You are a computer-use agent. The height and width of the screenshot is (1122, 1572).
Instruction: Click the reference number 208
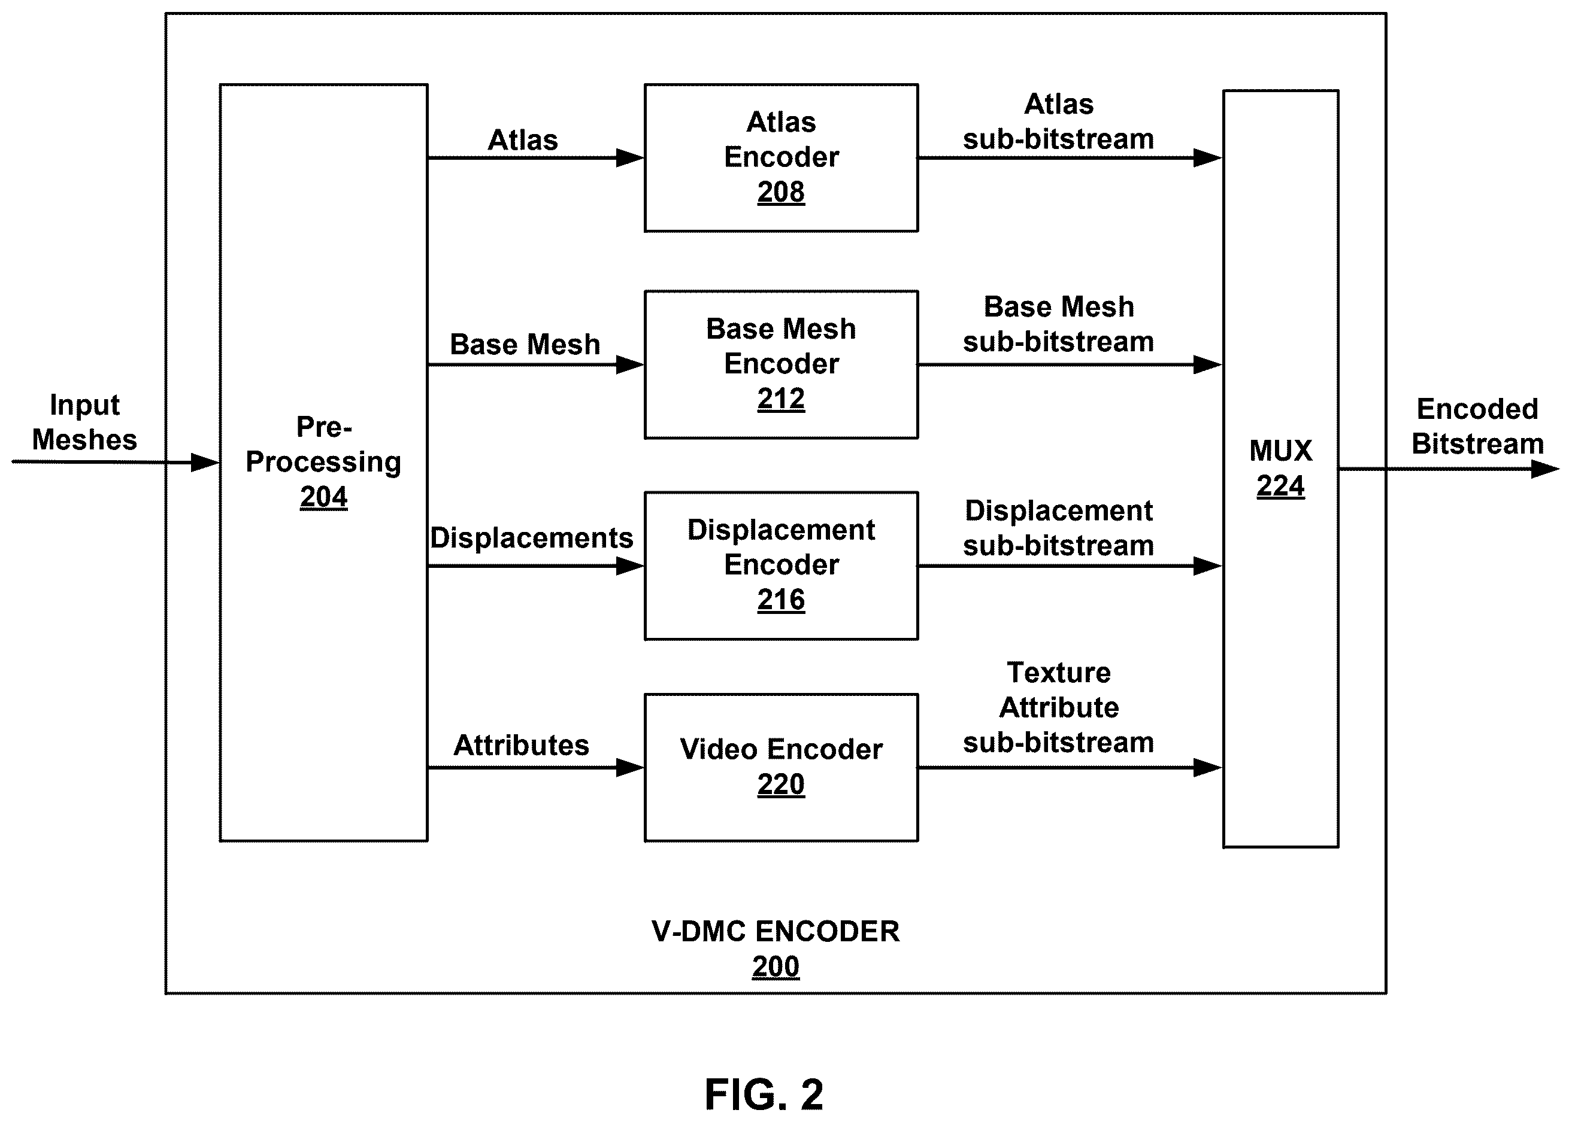[x=780, y=192]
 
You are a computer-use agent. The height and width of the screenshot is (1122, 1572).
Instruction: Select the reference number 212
[x=780, y=399]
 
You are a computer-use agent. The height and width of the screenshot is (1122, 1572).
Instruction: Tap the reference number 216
[x=780, y=600]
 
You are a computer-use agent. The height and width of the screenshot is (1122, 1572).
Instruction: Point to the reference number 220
[x=780, y=784]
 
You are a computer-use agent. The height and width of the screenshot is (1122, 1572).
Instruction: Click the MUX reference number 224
[x=1280, y=486]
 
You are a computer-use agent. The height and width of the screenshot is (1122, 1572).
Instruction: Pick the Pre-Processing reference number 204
[x=323, y=497]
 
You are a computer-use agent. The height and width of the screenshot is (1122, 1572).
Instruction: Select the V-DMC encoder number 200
[x=776, y=966]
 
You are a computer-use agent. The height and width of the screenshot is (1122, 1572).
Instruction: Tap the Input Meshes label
[x=84, y=422]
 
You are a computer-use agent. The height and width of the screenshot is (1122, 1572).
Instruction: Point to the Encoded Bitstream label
[x=1477, y=426]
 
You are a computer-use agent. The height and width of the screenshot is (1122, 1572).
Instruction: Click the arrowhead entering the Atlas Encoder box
[x=630, y=158]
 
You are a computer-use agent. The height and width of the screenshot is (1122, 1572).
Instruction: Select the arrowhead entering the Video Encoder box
[x=630, y=768]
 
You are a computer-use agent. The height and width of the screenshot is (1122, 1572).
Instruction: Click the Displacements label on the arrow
[x=531, y=538]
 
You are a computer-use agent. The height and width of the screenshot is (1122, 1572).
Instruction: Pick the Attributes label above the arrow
[x=521, y=746]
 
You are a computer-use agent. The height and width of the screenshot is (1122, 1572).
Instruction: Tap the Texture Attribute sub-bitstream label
[x=1058, y=707]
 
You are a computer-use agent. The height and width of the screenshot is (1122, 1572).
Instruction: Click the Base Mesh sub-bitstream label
[x=1058, y=324]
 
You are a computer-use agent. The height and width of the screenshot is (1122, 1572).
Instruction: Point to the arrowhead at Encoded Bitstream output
[x=1545, y=469]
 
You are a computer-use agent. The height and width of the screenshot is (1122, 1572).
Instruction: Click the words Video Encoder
[x=781, y=750]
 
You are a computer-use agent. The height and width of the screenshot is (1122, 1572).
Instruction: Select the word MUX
[x=1280, y=451]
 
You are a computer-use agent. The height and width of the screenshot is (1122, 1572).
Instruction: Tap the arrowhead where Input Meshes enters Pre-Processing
[x=205, y=462]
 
